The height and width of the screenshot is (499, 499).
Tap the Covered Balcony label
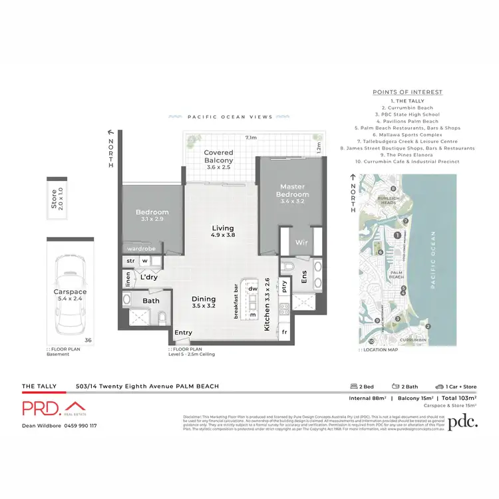pyautogui.click(x=218, y=157)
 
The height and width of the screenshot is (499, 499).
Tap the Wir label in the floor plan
pyautogui.click(x=300, y=242)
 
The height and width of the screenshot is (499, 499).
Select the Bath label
pyautogui.click(x=151, y=301)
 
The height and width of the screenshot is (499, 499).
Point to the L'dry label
pyautogui.click(x=149, y=277)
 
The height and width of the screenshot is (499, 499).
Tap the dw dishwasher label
pyautogui.click(x=253, y=289)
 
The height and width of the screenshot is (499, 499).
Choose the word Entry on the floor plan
pyautogui.click(x=184, y=333)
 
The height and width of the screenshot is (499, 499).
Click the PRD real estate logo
pyautogui.click(x=53, y=408)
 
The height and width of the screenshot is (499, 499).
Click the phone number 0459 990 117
pyautogui.click(x=79, y=426)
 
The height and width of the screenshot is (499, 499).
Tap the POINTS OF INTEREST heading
pyautogui.click(x=407, y=92)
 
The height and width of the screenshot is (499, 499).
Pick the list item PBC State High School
pyautogui.click(x=407, y=114)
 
